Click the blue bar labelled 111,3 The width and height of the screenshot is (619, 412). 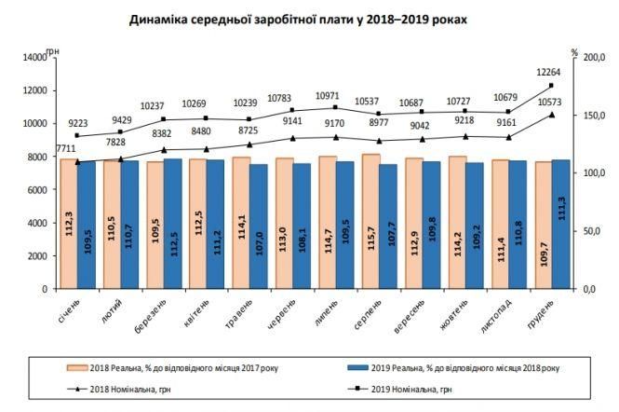(560, 224)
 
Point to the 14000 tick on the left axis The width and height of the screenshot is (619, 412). (34, 58)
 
